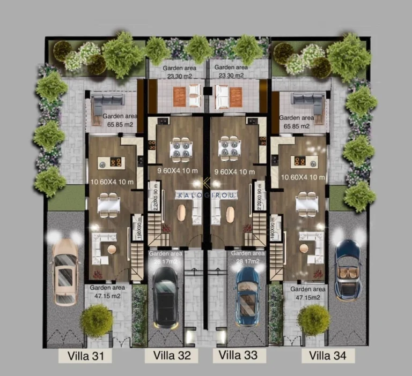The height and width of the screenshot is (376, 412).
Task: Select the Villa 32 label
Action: (172, 355)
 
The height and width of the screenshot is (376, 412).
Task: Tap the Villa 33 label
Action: (239, 355)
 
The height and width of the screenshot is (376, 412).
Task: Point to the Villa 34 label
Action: (328, 355)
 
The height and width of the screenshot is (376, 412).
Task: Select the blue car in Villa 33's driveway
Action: (247, 295)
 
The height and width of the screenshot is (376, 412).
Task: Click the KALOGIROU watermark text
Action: (207, 195)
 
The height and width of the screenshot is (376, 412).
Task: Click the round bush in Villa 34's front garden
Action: (314, 320)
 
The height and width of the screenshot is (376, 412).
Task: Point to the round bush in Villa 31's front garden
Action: (97, 321)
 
